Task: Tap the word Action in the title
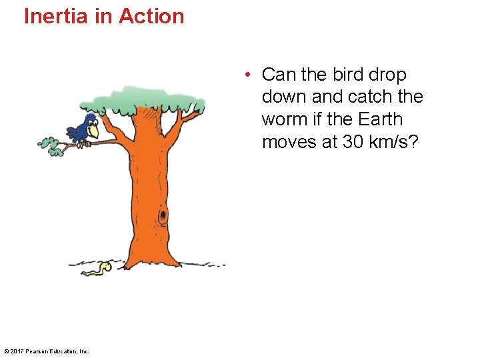151,16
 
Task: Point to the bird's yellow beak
93,132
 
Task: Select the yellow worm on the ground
99,268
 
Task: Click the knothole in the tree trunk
162,216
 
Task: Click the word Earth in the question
380,120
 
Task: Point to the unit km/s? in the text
394,143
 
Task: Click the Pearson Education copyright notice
47,351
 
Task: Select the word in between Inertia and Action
104,16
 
